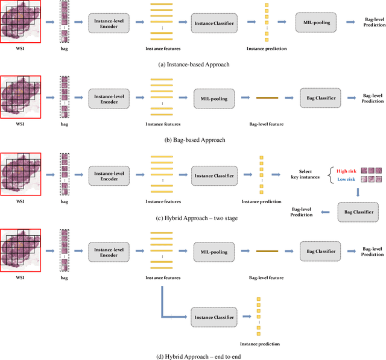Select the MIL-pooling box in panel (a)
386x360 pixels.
pos(315,23)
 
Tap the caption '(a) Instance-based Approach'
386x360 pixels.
pos(192,63)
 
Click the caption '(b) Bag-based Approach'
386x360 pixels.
pos(192,140)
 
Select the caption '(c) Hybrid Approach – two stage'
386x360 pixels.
pos(192,218)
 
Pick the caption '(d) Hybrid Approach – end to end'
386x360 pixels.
pos(192,356)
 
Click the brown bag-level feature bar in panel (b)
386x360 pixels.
pos(266,98)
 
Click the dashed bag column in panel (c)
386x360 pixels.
pos(65,174)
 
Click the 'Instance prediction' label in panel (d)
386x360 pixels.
pos(260,344)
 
